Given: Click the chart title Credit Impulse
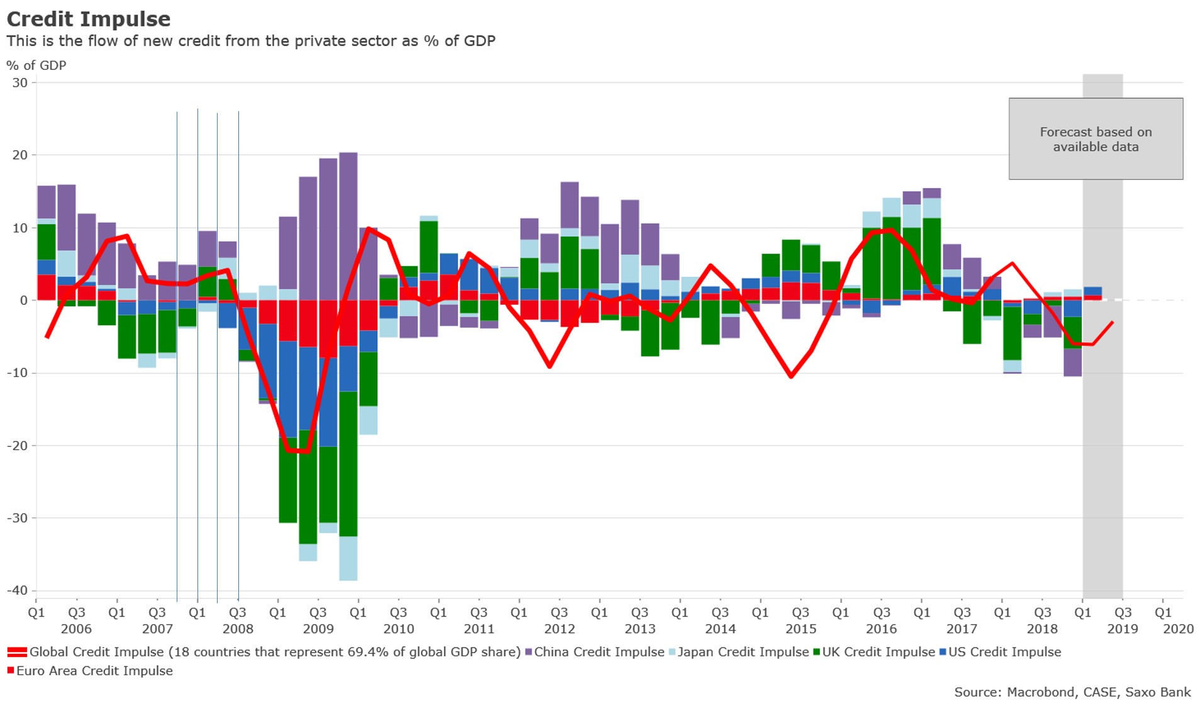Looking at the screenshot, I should (x=89, y=19).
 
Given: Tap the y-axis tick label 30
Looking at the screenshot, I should (x=20, y=83).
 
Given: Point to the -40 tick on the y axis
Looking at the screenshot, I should (x=18, y=590).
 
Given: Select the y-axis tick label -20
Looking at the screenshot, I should (x=18, y=446).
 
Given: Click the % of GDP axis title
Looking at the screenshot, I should (x=36, y=65).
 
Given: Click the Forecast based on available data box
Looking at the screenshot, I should (x=1096, y=139).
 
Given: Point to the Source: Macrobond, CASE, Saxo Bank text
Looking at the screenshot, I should (x=1072, y=692).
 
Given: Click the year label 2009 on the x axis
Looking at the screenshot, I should (x=318, y=629).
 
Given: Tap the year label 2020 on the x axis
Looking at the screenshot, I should (x=1178, y=629).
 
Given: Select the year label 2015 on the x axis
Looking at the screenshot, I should (x=801, y=629).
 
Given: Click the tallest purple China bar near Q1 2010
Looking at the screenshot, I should (x=348, y=227).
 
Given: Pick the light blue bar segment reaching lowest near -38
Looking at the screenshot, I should (x=348, y=559).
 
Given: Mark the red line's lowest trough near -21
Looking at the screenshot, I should (x=297, y=451).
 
